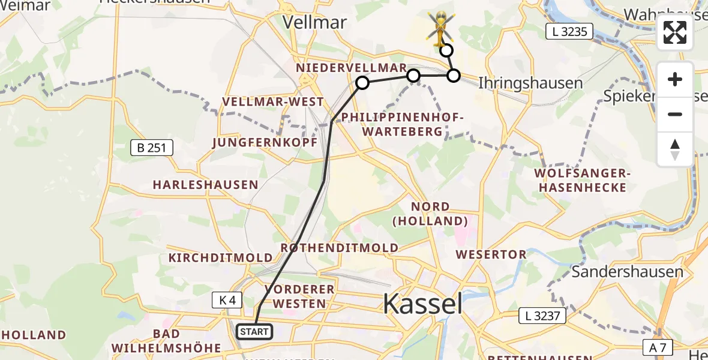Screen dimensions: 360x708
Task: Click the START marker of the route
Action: point(254,331)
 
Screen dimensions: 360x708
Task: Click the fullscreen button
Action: point(675,32)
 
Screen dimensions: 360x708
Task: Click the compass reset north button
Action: point(675,149)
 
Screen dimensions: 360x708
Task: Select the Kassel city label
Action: point(422,304)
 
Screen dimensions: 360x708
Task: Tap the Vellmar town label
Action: point(314,23)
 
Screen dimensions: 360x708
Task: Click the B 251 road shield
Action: point(152,148)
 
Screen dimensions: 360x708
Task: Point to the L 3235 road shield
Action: point(569,32)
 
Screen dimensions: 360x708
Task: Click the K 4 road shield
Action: point(228,300)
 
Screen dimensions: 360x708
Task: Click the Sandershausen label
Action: point(627,272)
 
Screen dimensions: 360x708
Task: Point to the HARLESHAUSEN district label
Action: point(205,185)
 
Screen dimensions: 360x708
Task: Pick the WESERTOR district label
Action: point(491,254)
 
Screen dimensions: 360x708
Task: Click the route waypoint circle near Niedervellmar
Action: point(362,83)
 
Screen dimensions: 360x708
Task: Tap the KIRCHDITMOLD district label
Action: point(220,258)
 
